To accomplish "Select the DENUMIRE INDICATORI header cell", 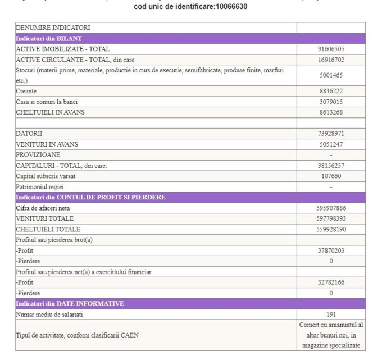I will [x=53, y=28].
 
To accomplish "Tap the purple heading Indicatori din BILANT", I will [x=49, y=38].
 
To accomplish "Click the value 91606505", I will [x=330, y=49].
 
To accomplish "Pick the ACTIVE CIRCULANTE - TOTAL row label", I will [x=75, y=60].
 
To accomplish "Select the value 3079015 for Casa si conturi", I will [x=330, y=102].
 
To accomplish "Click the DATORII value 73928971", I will [x=330, y=133].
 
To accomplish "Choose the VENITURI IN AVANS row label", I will [x=47, y=144].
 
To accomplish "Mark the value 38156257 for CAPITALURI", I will [x=330, y=165].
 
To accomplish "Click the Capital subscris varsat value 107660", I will [x=330, y=176].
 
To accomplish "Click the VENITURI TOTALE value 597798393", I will [x=330, y=218].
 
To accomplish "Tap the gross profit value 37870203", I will [x=330, y=250].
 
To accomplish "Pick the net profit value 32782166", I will [x=330, y=282].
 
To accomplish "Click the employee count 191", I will [x=330, y=315].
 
